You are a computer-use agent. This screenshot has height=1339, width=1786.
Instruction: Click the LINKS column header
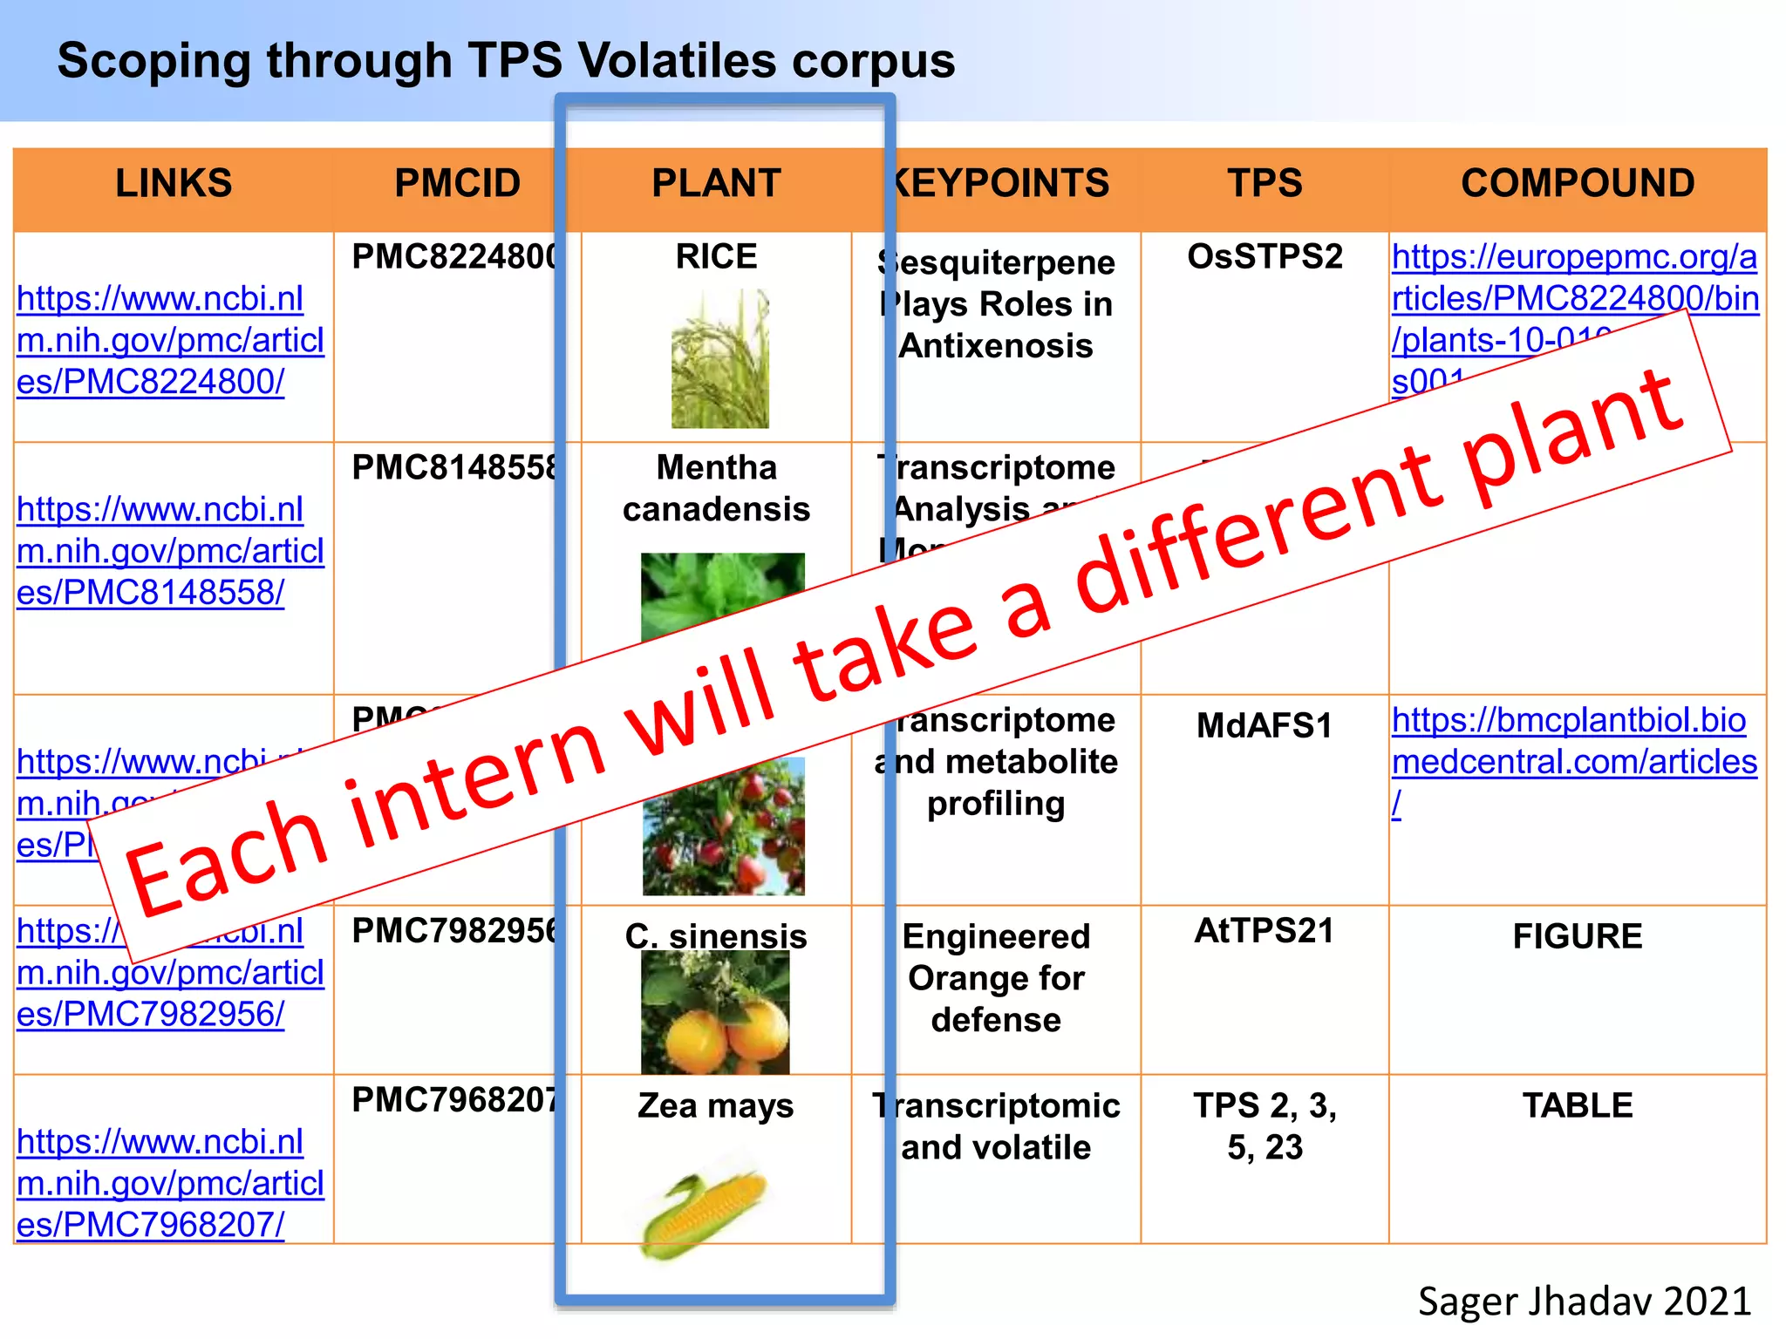(174, 184)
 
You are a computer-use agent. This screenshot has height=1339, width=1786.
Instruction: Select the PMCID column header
(456, 184)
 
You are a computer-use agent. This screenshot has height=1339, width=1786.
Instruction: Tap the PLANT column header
(716, 184)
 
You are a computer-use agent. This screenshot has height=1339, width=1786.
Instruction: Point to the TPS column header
(1265, 184)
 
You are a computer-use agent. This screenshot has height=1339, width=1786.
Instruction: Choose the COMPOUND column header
(1577, 184)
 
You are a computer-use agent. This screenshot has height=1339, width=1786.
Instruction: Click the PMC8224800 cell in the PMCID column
(453, 257)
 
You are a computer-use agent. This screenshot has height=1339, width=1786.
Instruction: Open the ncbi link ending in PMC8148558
(169, 551)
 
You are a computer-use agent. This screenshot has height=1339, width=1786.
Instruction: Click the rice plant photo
(719, 358)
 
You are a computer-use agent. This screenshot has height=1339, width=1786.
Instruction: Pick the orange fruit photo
(715, 1016)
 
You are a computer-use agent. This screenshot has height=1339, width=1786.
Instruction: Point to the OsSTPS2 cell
(1265, 257)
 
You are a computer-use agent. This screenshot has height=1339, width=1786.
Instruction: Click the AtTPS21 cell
(1265, 931)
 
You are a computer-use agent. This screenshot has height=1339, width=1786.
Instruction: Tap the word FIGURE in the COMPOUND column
(1577, 936)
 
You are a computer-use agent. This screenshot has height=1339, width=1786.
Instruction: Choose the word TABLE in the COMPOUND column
(1577, 1105)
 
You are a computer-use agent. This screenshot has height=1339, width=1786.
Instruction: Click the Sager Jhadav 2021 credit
(1584, 1302)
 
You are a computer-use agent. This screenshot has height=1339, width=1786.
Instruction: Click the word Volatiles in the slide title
(677, 61)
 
